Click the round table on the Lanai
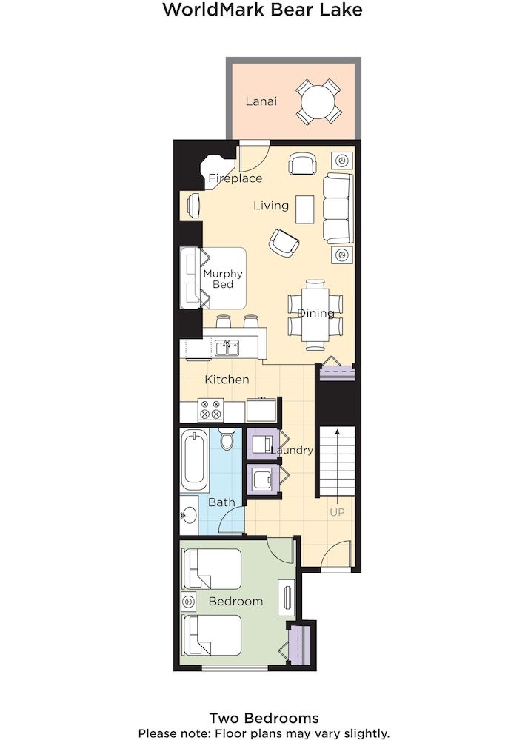[x=319, y=101]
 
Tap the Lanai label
[x=261, y=101]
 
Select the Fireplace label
[x=235, y=178]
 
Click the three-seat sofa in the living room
[x=338, y=209]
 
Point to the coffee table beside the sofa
[x=305, y=209]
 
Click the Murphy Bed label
[x=222, y=280]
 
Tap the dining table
[x=315, y=313]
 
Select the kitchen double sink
[x=227, y=348]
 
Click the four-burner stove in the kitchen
[x=210, y=409]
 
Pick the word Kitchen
[x=227, y=380]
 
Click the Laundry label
[x=292, y=450]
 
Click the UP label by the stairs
[x=337, y=511]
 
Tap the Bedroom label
[x=235, y=601]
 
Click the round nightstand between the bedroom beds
[x=190, y=602]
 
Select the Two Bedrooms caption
[x=264, y=718]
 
